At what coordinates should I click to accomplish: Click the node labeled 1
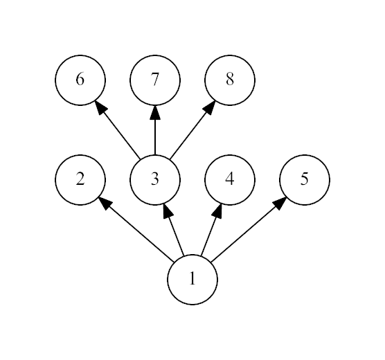[192, 280]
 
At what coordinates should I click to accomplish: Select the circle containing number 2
[80, 180]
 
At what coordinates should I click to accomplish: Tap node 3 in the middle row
[155, 180]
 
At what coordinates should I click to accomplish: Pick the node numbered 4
[230, 180]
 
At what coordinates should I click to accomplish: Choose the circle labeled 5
[305, 180]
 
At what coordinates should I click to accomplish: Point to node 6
[80, 80]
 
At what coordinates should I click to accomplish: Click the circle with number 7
[155, 80]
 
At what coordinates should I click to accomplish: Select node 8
[230, 80]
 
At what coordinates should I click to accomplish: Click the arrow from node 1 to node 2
[136, 229]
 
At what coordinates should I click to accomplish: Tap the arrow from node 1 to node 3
[174, 229]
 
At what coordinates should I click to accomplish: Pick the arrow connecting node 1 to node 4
[211, 229]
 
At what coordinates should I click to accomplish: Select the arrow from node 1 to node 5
[249, 229]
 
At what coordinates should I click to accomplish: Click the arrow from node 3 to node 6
[117, 129]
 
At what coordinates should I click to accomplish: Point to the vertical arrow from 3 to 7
[155, 130]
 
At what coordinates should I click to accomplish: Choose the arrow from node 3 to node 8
[192, 129]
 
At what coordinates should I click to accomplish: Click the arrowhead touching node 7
[155, 112]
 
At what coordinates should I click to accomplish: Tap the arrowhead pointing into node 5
[280, 203]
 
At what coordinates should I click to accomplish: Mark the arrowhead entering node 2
[105, 203]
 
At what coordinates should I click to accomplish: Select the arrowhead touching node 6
[101, 107]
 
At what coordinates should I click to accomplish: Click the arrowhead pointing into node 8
[209, 107]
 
